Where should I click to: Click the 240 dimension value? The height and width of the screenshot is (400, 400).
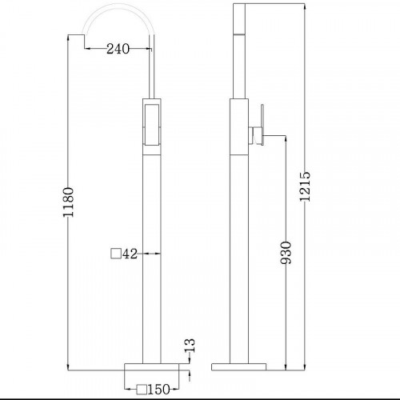pos(118,49)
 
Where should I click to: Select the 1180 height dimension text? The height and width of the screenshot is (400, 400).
pos(68,202)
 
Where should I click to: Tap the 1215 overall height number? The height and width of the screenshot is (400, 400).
pos(305,186)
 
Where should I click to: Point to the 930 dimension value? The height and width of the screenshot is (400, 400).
pos(286,253)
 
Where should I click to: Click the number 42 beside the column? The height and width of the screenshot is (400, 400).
pos(130,254)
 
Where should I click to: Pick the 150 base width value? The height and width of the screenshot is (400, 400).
pos(158,390)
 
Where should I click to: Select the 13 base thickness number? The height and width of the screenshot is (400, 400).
pos(190,346)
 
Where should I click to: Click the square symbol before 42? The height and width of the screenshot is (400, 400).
pos(116,254)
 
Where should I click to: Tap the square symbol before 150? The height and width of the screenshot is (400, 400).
pos(142,390)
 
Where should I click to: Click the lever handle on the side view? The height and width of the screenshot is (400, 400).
pos(262,125)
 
